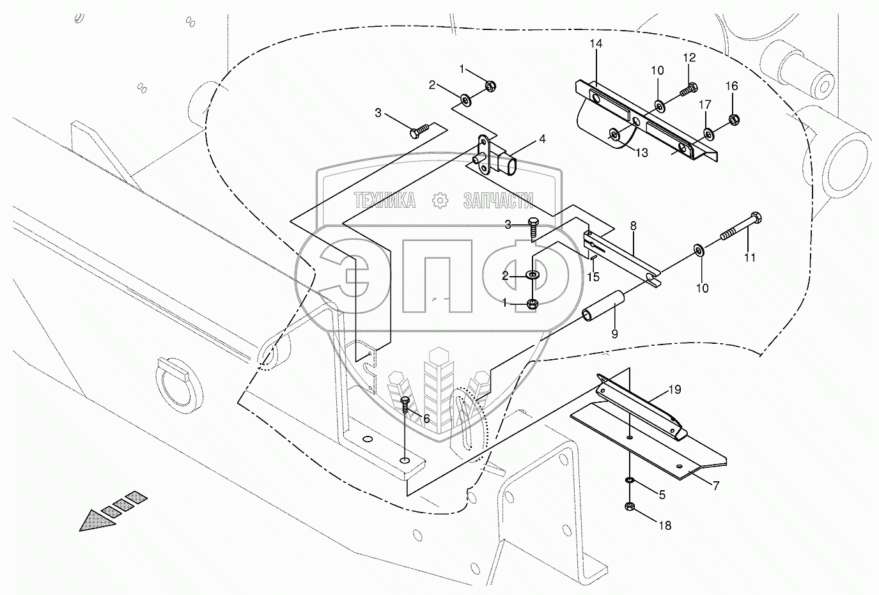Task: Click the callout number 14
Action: (x=596, y=43)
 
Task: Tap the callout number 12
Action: (x=689, y=58)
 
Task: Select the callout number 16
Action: (x=731, y=86)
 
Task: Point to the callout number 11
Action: (x=749, y=258)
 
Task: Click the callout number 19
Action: (x=675, y=389)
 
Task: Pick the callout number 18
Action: (x=665, y=526)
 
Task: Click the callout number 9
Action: (x=614, y=333)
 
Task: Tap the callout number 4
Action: (x=541, y=138)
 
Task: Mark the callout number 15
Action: (x=593, y=277)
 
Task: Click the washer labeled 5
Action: (x=630, y=480)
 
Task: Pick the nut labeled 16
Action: (x=733, y=118)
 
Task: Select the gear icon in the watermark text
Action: (x=440, y=201)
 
